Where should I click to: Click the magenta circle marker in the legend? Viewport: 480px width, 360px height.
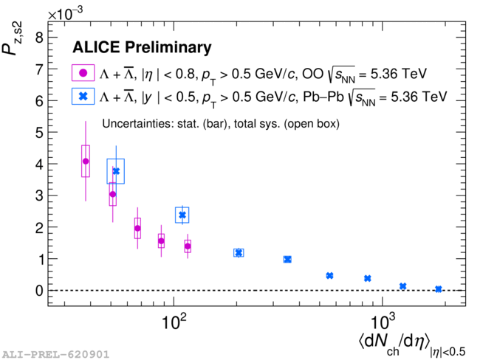(83, 73)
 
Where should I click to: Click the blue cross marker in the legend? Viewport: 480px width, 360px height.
(83, 97)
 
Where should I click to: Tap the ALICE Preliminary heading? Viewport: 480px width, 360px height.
(142, 48)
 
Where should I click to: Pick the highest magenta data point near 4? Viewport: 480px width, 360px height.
(86, 161)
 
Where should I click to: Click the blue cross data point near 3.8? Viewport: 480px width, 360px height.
(115, 171)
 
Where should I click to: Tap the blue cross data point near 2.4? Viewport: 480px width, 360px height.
(182, 215)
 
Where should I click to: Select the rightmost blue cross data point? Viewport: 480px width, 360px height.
(439, 289)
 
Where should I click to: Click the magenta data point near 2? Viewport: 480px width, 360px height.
(137, 229)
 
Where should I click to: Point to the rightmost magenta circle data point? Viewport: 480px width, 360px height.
(188, 246)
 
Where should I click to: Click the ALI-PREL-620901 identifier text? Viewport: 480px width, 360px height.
(55, 354)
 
